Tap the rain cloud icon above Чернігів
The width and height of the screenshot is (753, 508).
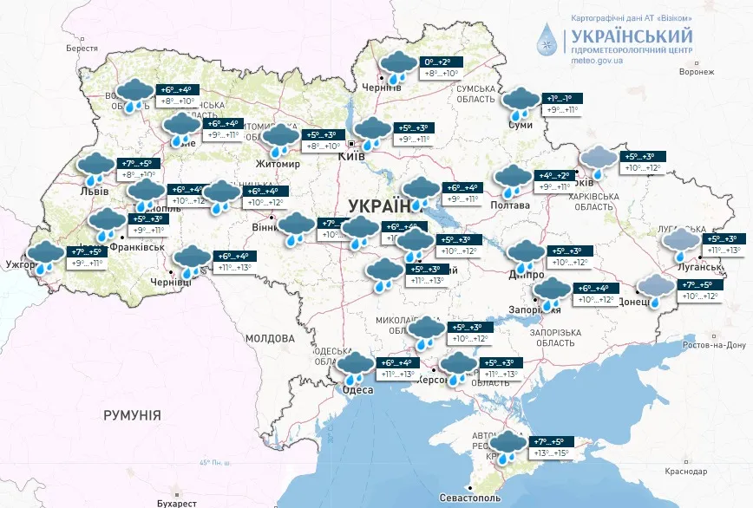click(x=398, y=67)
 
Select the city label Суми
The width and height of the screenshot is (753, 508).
click(x=521, y=126)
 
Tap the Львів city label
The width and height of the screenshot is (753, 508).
click(x=94, y=191)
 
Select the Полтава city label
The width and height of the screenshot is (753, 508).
click(x=512, y=205)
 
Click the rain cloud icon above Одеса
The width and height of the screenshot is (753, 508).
click(x=355, y=367)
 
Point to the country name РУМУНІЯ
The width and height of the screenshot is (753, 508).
click(x=132, y=415)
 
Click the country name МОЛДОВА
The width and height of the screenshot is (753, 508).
click(x=270, y=337)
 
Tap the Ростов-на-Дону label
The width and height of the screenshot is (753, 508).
click(x=713, y=345)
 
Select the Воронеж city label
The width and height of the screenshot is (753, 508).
click(x=696, y=72)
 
